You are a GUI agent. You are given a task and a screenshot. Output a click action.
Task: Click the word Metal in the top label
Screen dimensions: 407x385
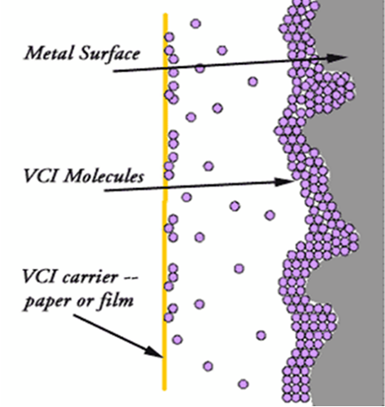pos(43,55)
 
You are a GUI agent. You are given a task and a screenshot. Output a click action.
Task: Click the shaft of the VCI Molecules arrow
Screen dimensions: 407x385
pos(193,185)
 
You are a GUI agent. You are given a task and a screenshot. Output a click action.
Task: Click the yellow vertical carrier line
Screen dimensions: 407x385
pos(165,210)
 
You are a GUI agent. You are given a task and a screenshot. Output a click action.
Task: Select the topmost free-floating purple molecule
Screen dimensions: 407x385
pos(195,23)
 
